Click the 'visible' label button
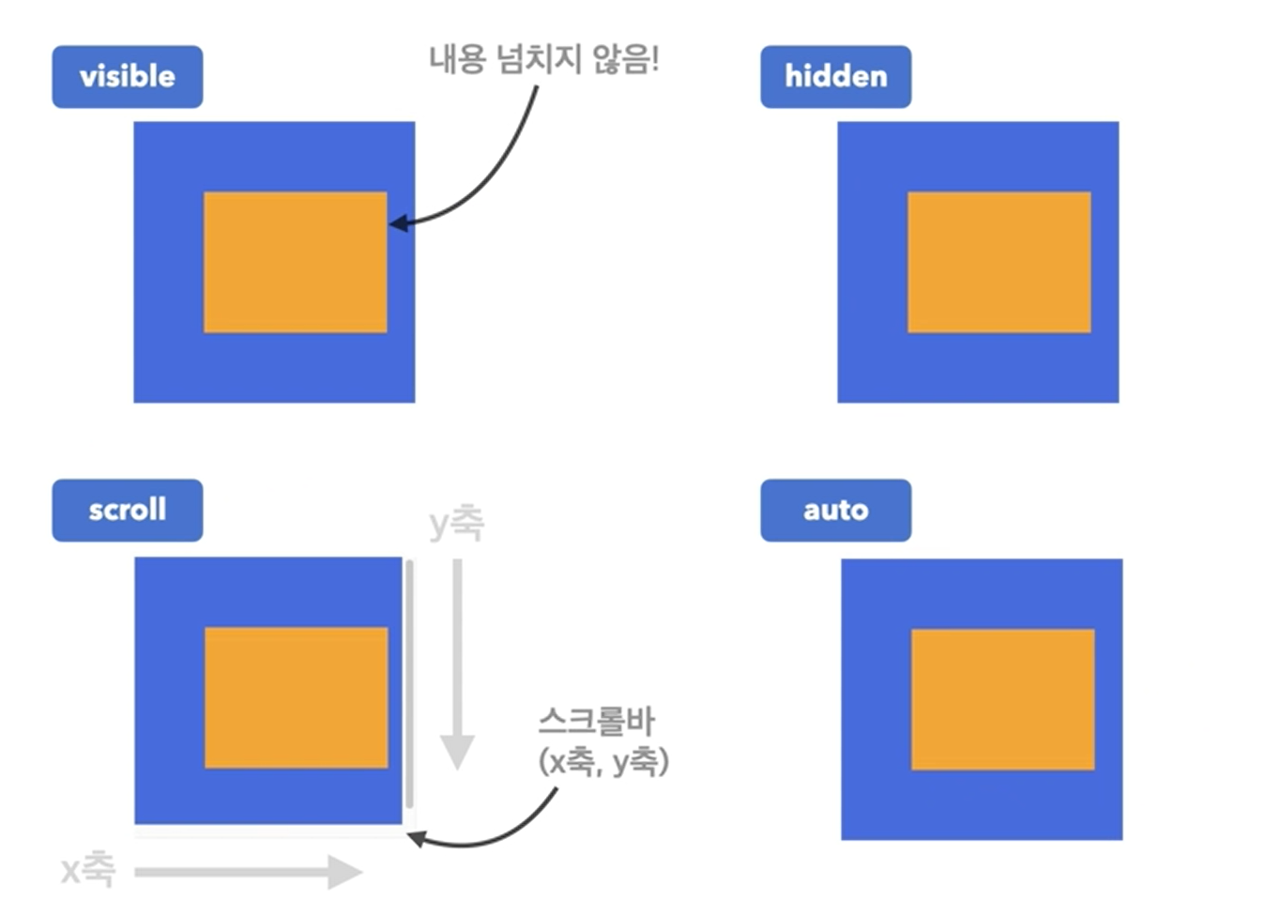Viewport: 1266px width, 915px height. [127, 76]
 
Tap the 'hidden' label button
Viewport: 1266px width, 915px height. [835, 76]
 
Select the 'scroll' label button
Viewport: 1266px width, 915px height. [127, 510]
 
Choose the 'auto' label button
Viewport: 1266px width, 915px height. [835, 510]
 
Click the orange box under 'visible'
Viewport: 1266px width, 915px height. [295, 262]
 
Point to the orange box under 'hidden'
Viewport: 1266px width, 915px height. [999, 262]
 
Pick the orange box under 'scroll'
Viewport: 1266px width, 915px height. [296, 697]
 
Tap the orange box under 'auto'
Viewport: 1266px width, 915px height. [1002, 699]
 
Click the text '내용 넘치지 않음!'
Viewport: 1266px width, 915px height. [544, 59]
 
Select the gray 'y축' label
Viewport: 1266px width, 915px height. [456, 523]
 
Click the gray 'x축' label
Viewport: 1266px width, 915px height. [88, 870]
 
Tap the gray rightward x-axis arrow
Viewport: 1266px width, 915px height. [249, 872]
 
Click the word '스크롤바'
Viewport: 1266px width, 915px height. [597, 721]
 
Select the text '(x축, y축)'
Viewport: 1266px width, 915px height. [603, 761]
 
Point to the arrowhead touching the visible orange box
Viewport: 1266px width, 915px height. [398, 223]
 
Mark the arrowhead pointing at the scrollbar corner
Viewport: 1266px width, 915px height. [416, 838]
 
